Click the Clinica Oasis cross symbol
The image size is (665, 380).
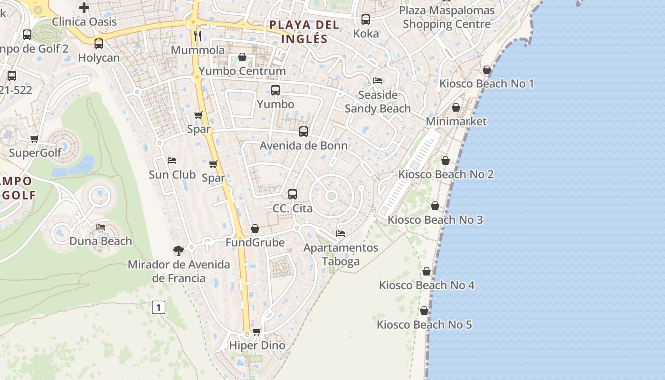point(84,8)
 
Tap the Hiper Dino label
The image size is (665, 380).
point(257,345)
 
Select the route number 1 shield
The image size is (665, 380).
point(158,307)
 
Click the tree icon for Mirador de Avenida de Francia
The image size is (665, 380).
point(178,250)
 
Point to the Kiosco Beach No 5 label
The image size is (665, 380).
point(424,325)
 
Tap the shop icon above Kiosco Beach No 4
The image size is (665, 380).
point(427,271)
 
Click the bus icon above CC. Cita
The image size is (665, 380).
point(293,194)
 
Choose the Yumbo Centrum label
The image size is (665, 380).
point(242,71)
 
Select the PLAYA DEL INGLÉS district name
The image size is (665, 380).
point(304,32)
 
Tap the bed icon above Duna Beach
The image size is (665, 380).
point(101,227)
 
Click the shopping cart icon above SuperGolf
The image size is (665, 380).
point(34,139)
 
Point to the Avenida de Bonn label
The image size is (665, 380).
point(304,145)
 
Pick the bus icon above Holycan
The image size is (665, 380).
point(99,44)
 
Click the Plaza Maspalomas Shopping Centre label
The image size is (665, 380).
point(446,17)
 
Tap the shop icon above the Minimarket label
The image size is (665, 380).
point(456,107)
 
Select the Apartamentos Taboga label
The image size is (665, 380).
point(341,255)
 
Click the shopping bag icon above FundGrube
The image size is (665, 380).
point(255,228)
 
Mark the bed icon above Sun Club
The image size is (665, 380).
point(172,160)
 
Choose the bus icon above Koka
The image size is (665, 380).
point(366,19)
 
